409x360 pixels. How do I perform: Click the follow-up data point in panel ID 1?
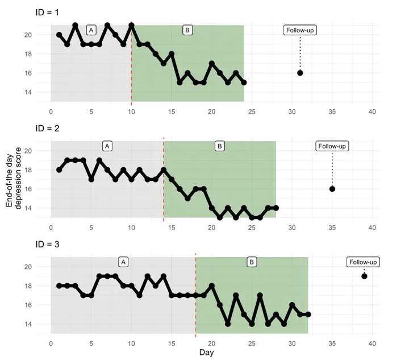point(300,73)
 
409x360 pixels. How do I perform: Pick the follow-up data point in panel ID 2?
point(332,189)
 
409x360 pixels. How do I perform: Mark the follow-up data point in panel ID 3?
point(364,276)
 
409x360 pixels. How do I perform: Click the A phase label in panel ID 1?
point(91,30)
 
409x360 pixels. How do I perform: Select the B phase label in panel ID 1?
point(187,30)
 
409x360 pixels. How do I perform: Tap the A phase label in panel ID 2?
point(107,146)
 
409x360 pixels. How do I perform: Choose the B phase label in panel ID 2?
point(220,146)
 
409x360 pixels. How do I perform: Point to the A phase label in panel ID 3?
point(123,262)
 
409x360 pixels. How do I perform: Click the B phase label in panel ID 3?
point(252,262)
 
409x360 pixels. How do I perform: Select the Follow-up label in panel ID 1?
point(300,30)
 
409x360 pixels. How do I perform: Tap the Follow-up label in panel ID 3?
point(364,262)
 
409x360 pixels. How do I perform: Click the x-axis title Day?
point(207,353)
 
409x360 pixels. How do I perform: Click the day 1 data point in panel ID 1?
point(59,35)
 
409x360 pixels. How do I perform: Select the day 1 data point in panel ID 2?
point(59,169)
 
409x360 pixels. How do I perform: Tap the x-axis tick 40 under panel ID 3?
point(372,344)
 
